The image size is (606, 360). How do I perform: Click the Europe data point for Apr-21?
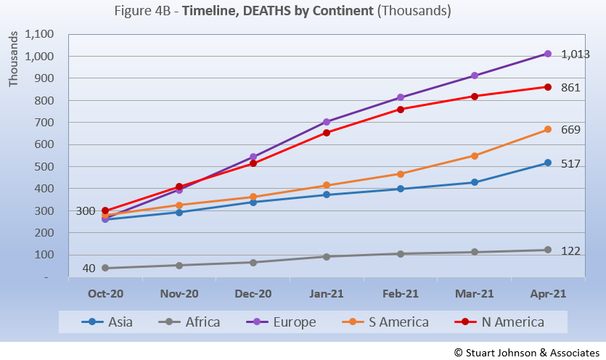[548, 54]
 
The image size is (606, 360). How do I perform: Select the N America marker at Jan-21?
[327, 133]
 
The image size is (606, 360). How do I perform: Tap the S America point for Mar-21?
[474, 156]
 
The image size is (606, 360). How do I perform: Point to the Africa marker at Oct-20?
[105, 268]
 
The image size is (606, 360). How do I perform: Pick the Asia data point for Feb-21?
[401, 189]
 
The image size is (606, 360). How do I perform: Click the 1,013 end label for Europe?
[576, 54]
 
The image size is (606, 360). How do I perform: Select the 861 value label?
[571, 88]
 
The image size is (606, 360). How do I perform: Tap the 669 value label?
[571, 130]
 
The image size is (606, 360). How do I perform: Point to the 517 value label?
[571, 163]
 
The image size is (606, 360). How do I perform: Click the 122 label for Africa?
[571, 250]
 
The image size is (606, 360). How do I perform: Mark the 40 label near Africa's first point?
[89, 269]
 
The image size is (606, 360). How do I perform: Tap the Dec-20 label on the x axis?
[253, 294]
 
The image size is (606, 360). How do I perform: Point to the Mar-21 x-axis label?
[474, 294]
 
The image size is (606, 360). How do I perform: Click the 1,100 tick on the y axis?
[40, 34]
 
